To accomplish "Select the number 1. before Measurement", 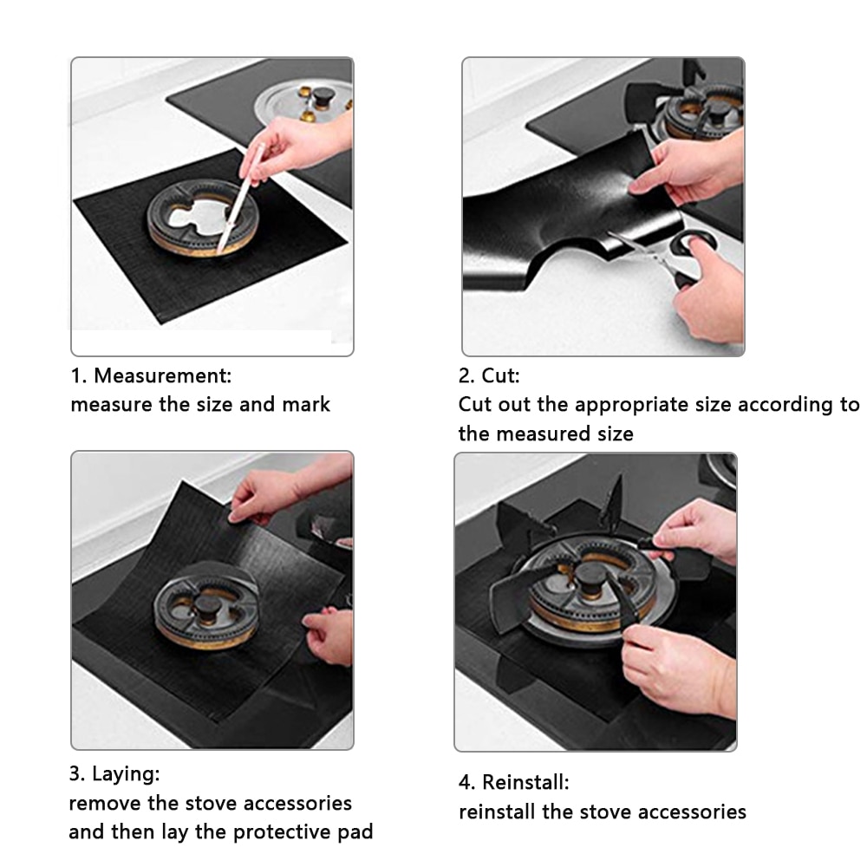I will [x=79, y=376].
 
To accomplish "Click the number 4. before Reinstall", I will [x=466, y=782].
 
